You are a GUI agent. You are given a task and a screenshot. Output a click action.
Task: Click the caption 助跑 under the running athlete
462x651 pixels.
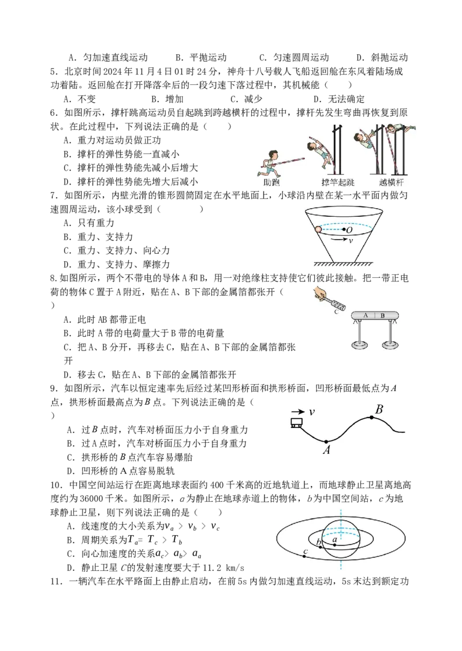[271, 182]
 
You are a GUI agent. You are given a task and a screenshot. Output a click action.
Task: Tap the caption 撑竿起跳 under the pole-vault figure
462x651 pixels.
[338, 182]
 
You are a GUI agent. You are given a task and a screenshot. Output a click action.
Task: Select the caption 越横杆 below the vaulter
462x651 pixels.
[392, 182]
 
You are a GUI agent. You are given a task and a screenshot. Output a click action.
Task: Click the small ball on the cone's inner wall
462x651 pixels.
[319, 229]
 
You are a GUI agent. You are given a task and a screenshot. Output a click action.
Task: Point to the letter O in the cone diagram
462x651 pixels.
[349, 229]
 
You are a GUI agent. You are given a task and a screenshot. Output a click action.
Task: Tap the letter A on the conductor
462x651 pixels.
[366, 315]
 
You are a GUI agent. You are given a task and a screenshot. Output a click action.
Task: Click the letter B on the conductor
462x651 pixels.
[382, 315]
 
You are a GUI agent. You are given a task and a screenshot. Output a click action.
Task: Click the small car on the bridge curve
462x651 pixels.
[296, 423]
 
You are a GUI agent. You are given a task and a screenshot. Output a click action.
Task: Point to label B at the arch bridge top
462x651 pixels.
[379, 409]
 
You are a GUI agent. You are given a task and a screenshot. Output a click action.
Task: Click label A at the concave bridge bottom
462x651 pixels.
[326, 450]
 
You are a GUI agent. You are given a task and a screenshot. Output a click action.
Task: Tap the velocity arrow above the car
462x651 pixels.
[298, 412]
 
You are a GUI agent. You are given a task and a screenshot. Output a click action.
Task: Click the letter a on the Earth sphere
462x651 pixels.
[335, 539]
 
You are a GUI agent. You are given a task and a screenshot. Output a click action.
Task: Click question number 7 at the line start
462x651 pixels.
[54, 195]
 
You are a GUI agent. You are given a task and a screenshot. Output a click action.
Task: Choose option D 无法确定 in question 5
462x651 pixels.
[339, 99]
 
